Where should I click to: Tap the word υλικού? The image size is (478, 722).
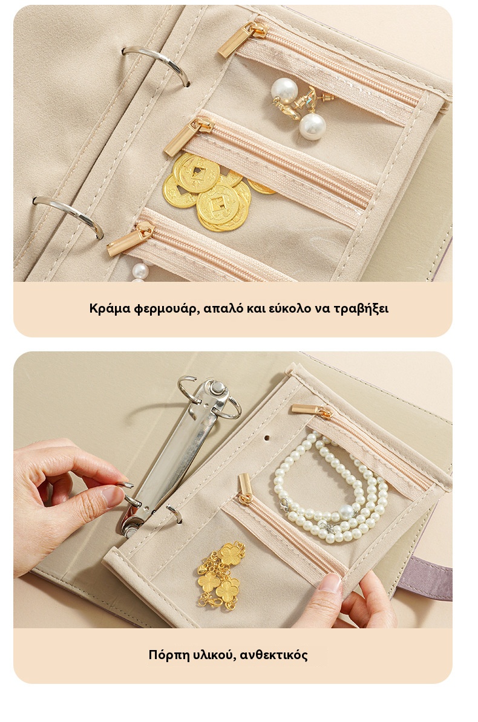(212, 655)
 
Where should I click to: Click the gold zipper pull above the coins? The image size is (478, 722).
(187, 136)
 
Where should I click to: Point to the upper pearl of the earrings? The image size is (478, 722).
(284, 90)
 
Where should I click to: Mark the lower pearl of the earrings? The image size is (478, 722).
(313, 126)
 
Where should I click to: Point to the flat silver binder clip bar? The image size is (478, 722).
(177, 457)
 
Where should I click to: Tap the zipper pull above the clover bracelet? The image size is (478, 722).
(245, 489)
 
